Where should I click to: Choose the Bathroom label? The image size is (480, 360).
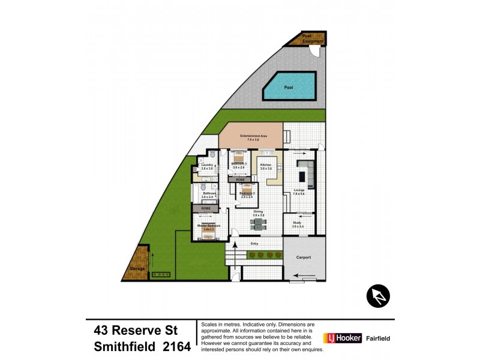pyautogui.click(x=208, y=194)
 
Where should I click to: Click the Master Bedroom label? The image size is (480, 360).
pyautogui.click(x=208, y=226)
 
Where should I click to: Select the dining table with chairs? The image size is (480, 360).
pyautogui.click(x=259, y=224)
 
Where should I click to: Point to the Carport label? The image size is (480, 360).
pyautogui.click(x=304, y=257)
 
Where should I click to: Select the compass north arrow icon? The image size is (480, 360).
pyautogui.click(x=378, y=296)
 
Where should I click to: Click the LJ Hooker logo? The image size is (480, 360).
pyautogui.click(x=343, y=338)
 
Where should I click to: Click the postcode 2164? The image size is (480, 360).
pyautogui.click(x=175, y=346)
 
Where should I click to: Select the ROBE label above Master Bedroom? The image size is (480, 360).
pyautogui.click(x=205, y=208)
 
